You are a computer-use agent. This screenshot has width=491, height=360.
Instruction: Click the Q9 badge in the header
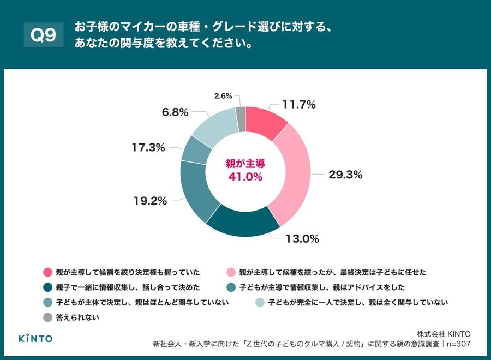tap(44, 35)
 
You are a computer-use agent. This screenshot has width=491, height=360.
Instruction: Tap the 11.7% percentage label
tap(298, 105)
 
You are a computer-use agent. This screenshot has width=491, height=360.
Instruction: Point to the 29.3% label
tap(345, 175)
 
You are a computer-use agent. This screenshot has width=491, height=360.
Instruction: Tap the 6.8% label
tap(175, 112)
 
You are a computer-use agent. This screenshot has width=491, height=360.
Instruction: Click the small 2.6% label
tap(223, 96)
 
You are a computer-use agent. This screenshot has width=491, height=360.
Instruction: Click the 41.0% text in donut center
tap(245, 177)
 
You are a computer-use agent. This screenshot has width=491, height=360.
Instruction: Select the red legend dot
tap(47, 272)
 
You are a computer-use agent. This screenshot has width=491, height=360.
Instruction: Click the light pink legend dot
tap(231, 272)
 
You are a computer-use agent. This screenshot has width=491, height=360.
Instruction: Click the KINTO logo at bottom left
tap(36, 338)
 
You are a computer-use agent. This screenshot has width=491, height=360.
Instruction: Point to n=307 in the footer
tap(457, 344)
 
